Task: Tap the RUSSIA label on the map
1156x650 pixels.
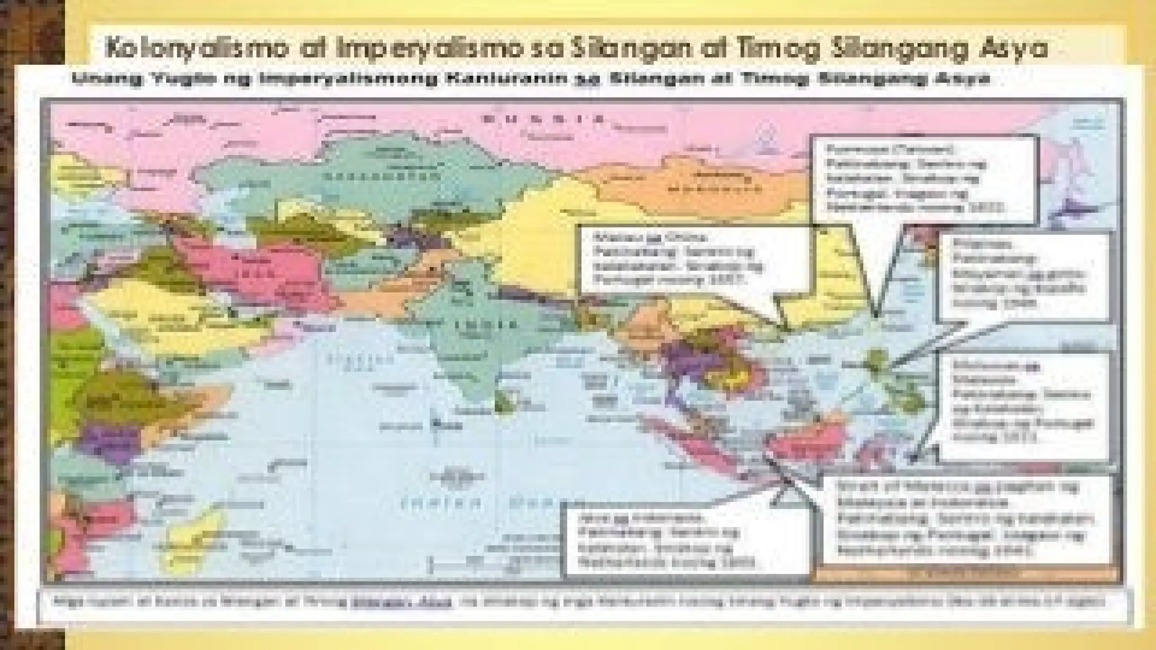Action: (542, 120)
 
